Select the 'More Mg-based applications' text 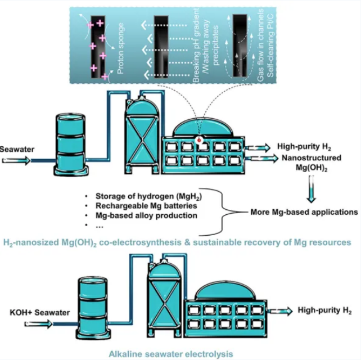pyautogui.click(x=304, y=213)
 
